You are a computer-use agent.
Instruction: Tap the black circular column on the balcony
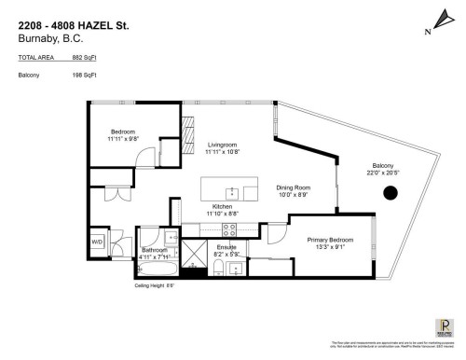pos(391,193)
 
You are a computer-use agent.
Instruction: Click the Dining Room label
pos(292,187)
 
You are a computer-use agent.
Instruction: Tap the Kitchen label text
pos(221,206)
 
